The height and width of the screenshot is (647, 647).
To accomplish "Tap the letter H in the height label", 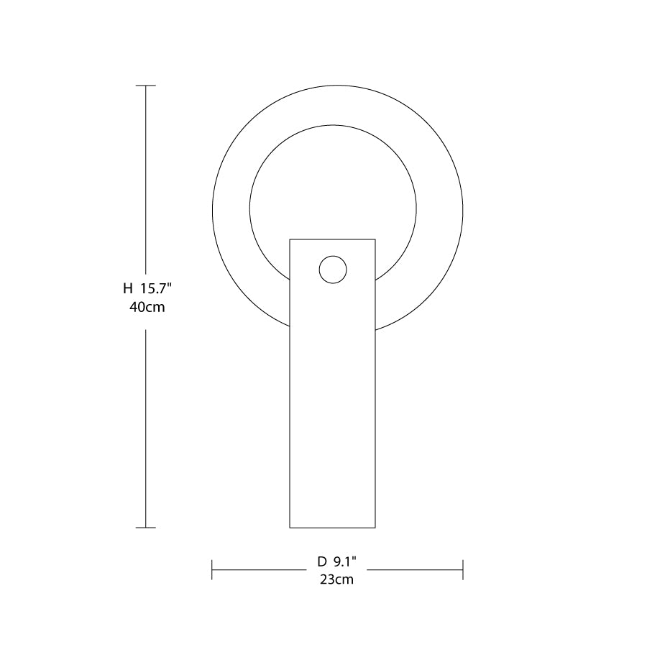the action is (128, 288).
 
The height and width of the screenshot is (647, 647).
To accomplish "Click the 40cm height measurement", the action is (147, 307).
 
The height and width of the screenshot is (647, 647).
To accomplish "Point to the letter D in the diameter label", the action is (322, 561).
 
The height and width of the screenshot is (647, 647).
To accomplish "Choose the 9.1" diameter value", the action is (344, 561).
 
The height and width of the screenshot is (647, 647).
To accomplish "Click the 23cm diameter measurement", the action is (336, 579).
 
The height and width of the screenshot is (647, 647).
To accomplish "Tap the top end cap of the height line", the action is (146, 86).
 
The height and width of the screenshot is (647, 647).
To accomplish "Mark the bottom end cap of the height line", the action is (146, 528).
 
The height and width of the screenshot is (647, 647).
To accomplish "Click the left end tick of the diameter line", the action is (211, 570).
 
